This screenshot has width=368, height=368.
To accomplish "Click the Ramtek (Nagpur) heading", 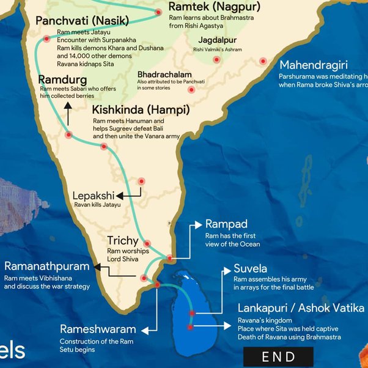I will click(x=214, y=8).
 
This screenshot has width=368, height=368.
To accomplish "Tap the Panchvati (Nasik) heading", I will click(x=82, y=21).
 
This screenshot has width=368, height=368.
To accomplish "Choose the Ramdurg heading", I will click(x=62, y=80).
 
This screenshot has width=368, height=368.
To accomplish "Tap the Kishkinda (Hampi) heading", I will click(x=141, y=111).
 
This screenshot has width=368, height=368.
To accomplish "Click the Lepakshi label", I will click(x=93, y=196).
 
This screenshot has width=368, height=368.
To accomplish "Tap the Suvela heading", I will click(x=250, y=269).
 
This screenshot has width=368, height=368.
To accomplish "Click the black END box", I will click(x=278, y=356).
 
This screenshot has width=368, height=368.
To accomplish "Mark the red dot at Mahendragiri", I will click(x=263, y=61).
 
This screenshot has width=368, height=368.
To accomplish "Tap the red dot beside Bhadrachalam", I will click(x=191, y=89).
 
